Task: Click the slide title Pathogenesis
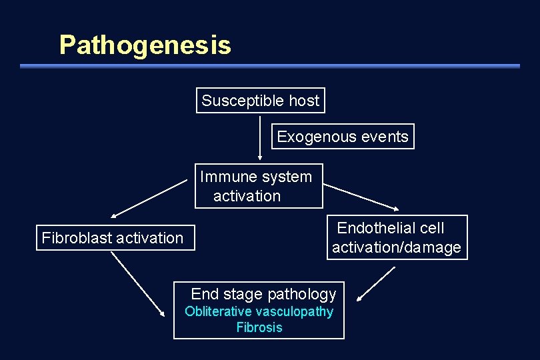pyautogui.click(x=145, y=45)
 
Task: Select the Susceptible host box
pyautogui.click(x=261, y=101)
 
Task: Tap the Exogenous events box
pyautogui.click(x=343, y=137)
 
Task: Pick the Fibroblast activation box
pyautogui.click(x=114, y=238)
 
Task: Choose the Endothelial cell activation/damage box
pyautogui.click(x=397, y=237)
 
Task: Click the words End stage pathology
pyautogui.click(x=263, y=294)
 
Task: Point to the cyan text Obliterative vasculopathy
pyautogui.click(x=259, y=311)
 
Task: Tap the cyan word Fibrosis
pyautogui.click(x=259, y=327)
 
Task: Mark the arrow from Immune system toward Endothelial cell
pyautogui.click(x=360, y=197)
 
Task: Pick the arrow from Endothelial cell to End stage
pyautogui.click(x=375, y=284)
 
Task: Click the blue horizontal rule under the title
pyautogui.click(x=269, y=66)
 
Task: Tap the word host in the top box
pyautogui.click(x=304, y=101)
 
